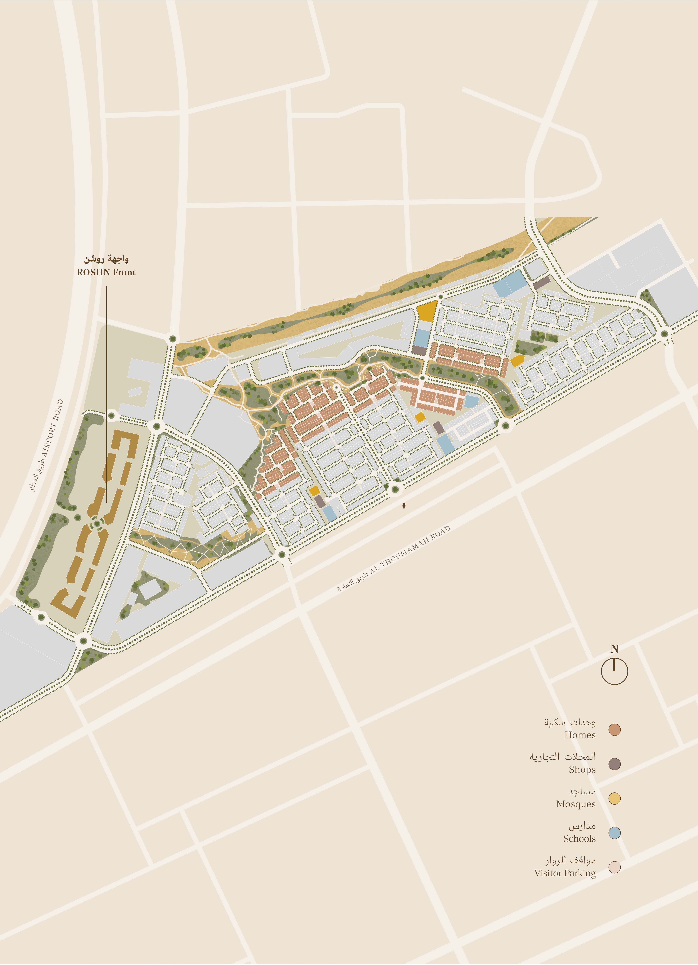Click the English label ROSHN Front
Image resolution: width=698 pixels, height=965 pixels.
click(106, 272)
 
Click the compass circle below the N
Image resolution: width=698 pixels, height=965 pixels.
click(614, 672)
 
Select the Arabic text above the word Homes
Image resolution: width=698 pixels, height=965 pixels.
click(569, 722)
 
